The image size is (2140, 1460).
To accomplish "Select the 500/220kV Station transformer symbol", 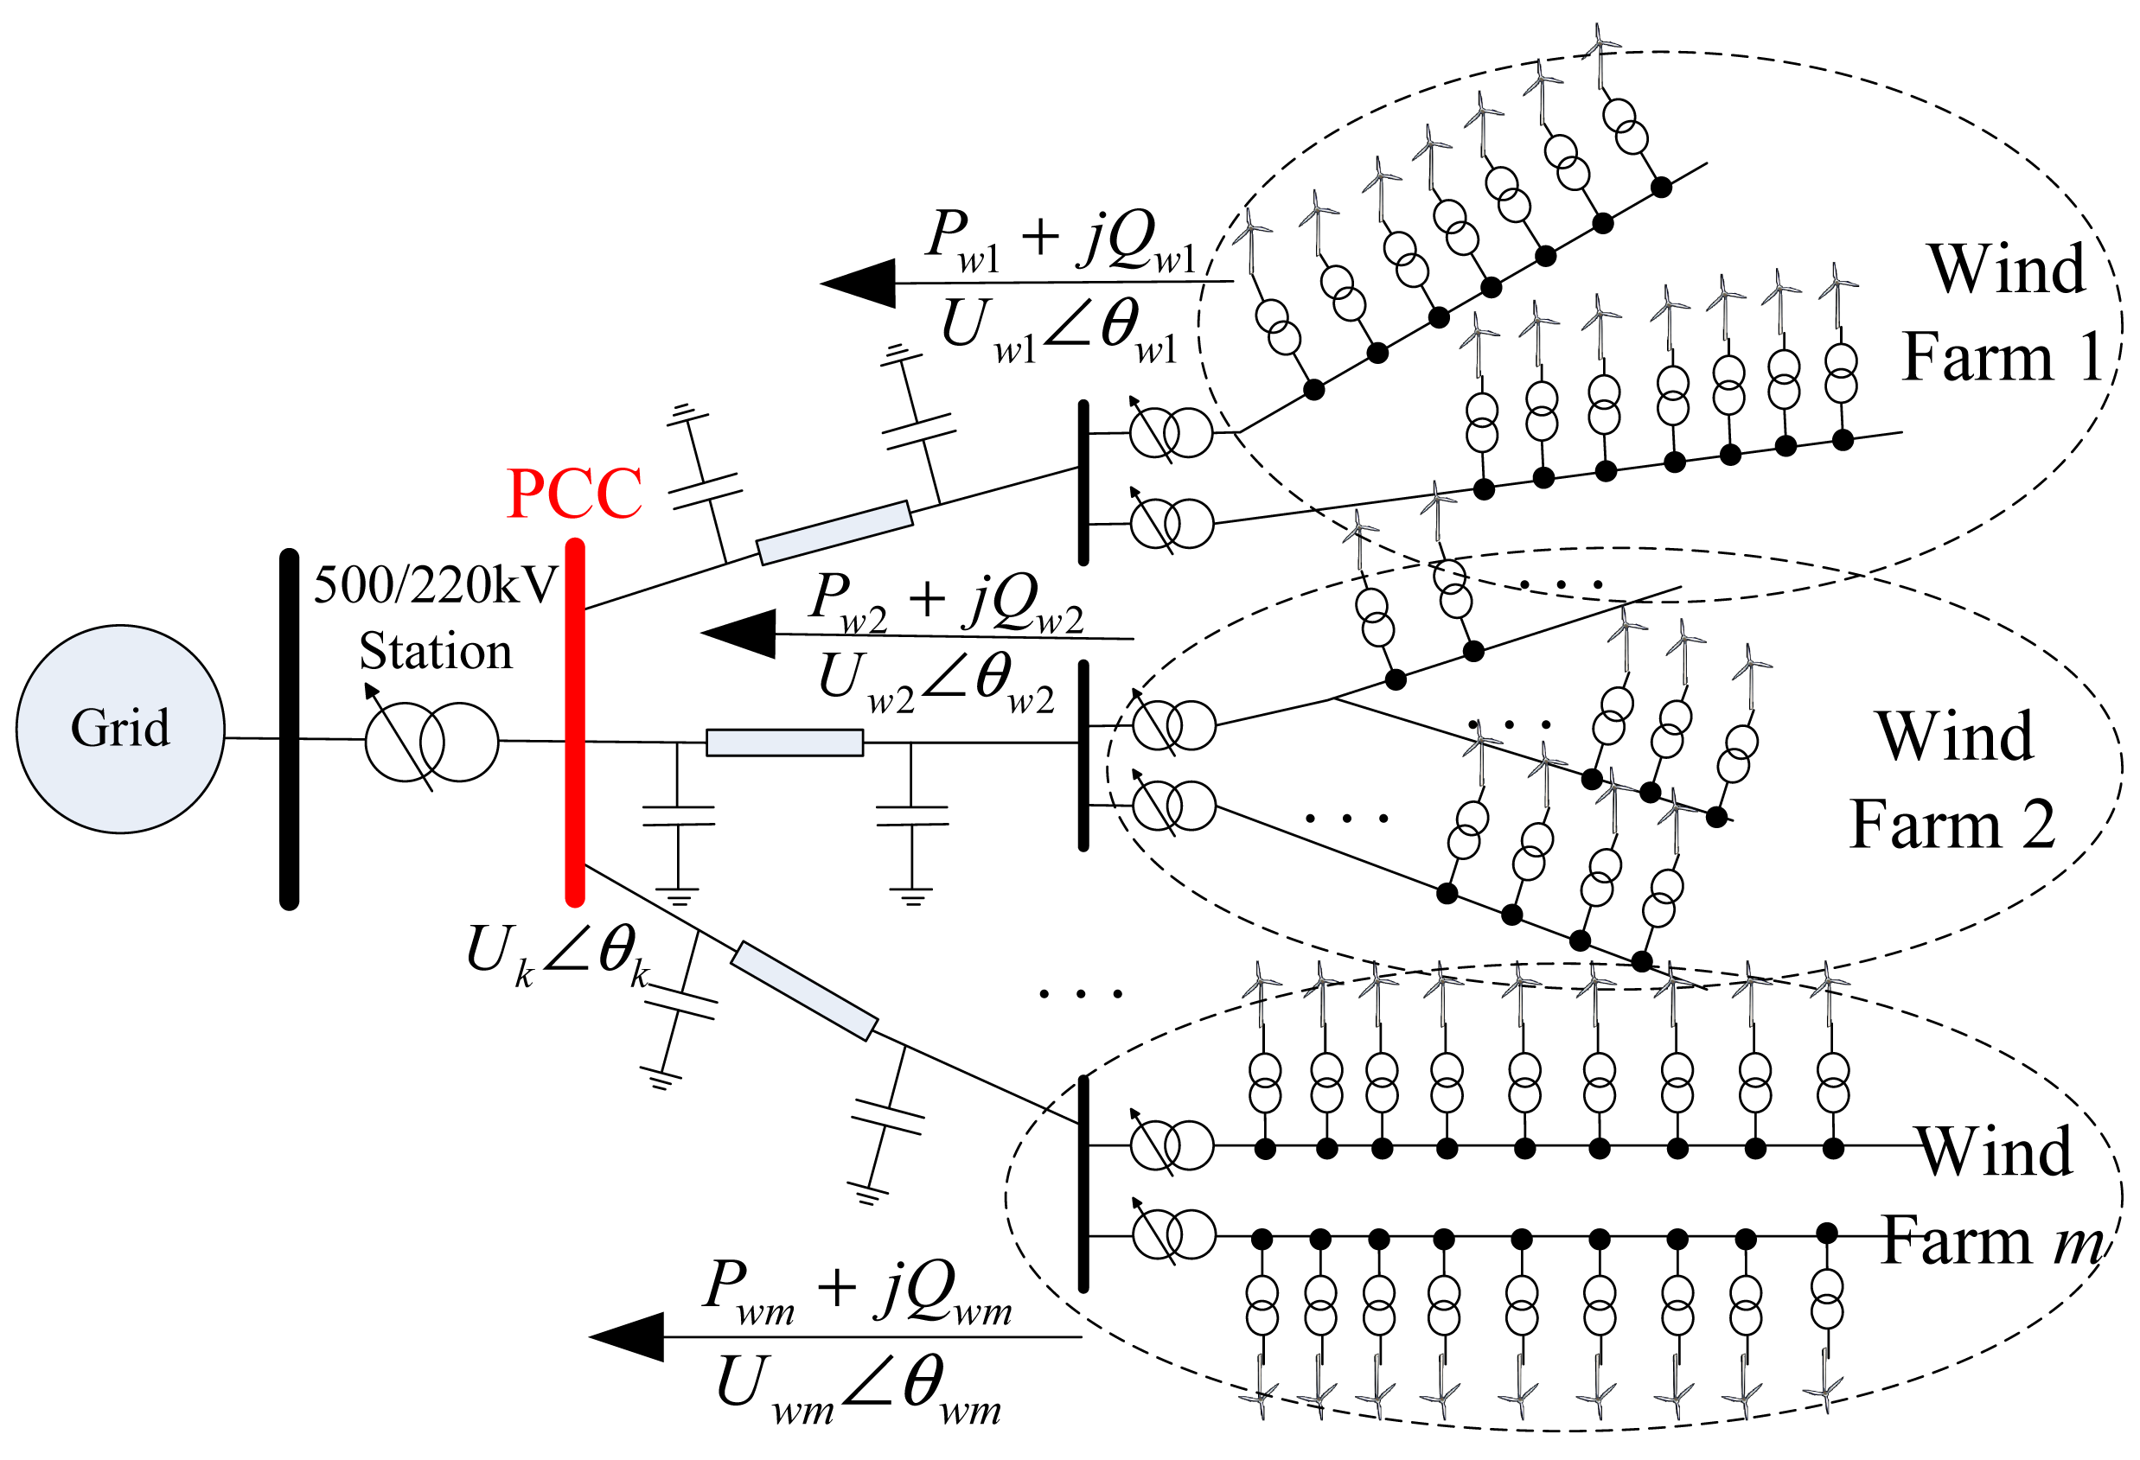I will [x=431, y=742].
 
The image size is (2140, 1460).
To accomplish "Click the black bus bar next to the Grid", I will [x=289, y=729].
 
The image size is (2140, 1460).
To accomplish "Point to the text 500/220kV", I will [x=436, y=584].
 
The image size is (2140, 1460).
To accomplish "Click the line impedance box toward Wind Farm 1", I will [x=834, y=533].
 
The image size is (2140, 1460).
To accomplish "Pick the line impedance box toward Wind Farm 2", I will [x=784, y=743].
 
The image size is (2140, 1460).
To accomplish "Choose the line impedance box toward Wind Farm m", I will [x=804, y=991].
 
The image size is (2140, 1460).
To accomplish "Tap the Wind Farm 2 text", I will [x=1953, y=780].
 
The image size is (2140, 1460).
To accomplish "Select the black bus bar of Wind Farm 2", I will [x=1083, y=755].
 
